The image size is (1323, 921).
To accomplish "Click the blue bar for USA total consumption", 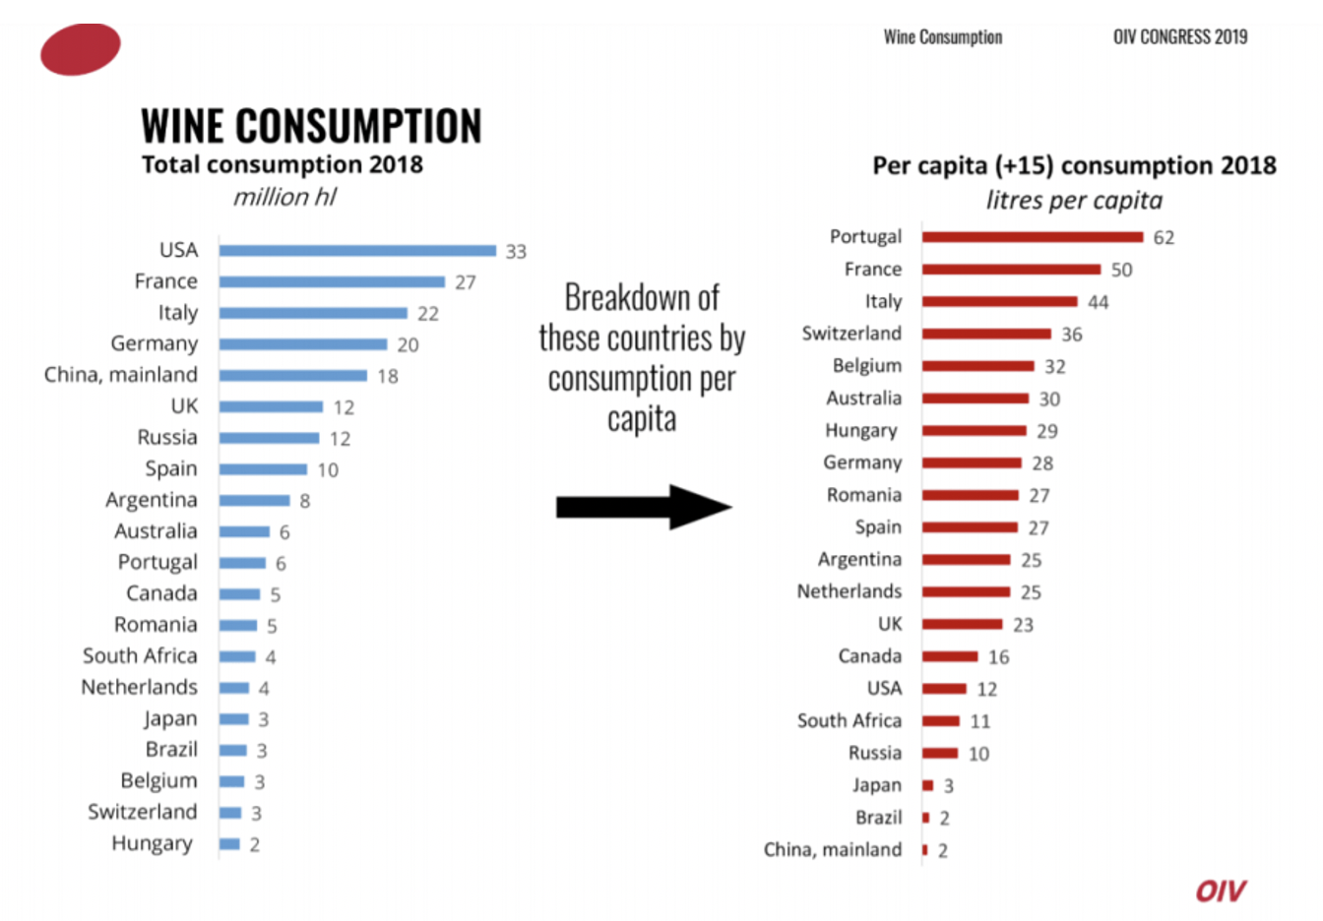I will tap(357, 251).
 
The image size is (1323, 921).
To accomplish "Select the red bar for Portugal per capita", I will tap(1033, 237).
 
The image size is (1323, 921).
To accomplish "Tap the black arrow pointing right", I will tap(644, 507).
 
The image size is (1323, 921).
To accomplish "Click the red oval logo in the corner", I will tap(81, 49).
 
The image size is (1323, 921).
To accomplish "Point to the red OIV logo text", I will tap(1220, 891).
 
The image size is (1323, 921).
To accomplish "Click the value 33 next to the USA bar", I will tap(516, 252).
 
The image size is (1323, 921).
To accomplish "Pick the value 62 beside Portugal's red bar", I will tap(1164, 238).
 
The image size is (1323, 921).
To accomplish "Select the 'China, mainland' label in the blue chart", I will tap(121, 375).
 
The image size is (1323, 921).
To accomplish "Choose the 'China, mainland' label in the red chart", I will tap(833, 849).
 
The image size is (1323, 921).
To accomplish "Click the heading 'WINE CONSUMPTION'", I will tap(311, 127).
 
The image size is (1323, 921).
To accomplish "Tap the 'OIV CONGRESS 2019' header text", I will tap(1180, 37).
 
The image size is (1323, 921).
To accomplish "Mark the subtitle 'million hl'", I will tap(284, 198).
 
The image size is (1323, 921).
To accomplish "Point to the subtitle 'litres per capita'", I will tap(1074, 201).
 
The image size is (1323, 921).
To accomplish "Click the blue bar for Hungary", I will tap(229, 844).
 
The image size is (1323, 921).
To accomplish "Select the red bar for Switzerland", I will tap(986, 334).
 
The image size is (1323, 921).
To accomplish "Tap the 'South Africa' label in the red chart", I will tap(850, 720).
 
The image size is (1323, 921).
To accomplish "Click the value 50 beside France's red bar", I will tap(1121, 270).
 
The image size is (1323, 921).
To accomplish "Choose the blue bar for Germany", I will tap(303, 344).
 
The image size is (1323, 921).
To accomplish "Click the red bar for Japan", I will tap(927, 785).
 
